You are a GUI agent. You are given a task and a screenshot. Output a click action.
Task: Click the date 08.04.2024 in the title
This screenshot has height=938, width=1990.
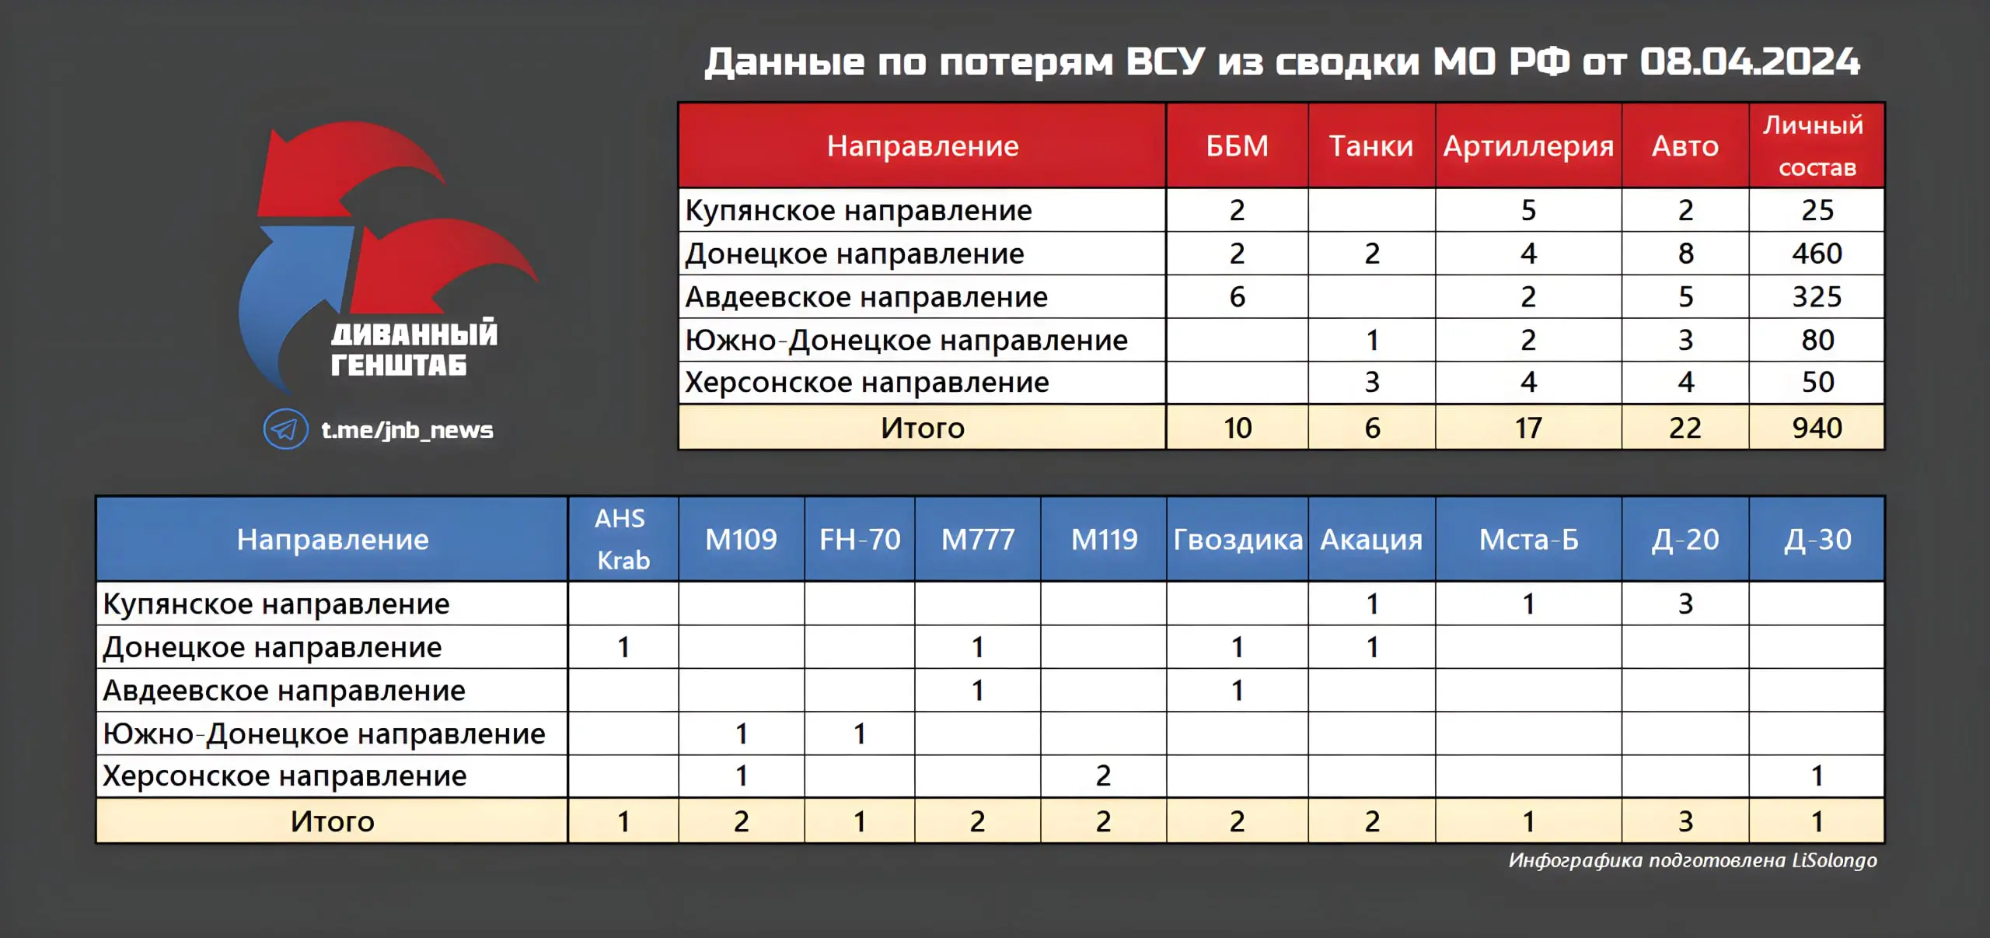click(1750, 61)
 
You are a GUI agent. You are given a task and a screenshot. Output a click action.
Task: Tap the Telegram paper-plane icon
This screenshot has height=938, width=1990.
click(285, 429)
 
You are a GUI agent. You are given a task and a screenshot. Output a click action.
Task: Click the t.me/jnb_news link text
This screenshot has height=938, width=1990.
click(407, 430)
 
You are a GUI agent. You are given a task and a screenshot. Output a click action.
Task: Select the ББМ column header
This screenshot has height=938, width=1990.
click(1237, 146)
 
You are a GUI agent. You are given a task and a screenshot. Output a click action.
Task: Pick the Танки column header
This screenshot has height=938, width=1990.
click(1371, 146)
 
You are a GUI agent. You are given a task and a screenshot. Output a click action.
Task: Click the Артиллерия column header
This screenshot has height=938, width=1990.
click(1528, 147)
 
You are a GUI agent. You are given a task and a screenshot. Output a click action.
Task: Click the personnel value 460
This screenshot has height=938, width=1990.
click(1817, 254)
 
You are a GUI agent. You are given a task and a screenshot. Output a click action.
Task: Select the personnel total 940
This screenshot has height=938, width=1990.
click(1817, 428)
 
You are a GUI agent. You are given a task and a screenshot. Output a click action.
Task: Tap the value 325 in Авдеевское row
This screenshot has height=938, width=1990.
click(1817, 297)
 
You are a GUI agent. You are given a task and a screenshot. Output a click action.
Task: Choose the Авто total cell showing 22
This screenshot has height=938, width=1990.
click(1685, 428)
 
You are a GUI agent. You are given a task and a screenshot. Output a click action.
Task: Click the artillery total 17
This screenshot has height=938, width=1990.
click(1528, 428)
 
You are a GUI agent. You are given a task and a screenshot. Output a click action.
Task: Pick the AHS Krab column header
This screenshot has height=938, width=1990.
click(622, 539)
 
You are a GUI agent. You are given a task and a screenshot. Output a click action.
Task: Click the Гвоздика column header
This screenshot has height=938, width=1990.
click(1238, 540)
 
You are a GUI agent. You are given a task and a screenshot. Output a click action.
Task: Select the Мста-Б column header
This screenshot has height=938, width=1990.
click(1528, 540)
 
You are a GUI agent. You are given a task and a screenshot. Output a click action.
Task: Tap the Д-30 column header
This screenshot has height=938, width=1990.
click(1817, 540)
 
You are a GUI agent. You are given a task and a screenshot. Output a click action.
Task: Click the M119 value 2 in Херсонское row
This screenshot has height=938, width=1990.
click(1103, 776)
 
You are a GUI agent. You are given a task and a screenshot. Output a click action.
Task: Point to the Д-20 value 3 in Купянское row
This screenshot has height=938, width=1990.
click(1685, 604)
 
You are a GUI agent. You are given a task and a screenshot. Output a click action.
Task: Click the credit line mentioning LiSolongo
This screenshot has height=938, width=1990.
click(1693, 860)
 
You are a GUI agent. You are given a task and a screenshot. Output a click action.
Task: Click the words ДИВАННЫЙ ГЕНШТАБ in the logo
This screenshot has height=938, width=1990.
click(414, 348)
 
